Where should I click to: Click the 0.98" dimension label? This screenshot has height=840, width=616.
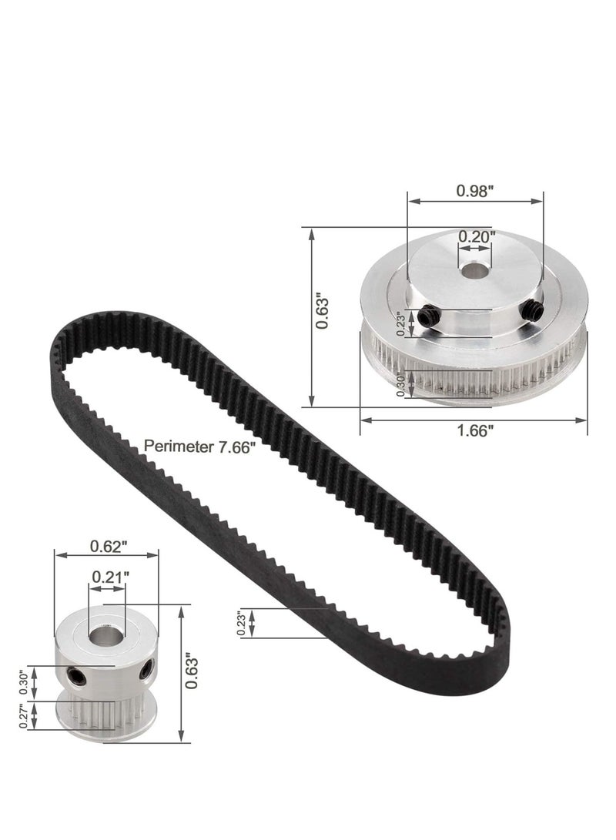[x=473, y=192]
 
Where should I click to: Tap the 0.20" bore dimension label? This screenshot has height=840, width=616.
[x=477, y=237]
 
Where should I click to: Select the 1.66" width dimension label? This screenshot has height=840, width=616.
[x=473, y=431]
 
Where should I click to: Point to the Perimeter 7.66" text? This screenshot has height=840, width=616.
[x=199, y=447]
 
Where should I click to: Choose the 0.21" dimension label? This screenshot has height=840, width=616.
[x=109, y=576]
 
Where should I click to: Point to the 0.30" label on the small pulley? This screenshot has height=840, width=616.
[x=25, y=681]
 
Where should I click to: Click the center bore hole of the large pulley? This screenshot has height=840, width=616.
[x=472, y=272]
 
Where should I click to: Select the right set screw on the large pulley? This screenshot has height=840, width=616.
[x=531, y=310]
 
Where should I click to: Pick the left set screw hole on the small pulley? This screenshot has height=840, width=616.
[x=77, y=675]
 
